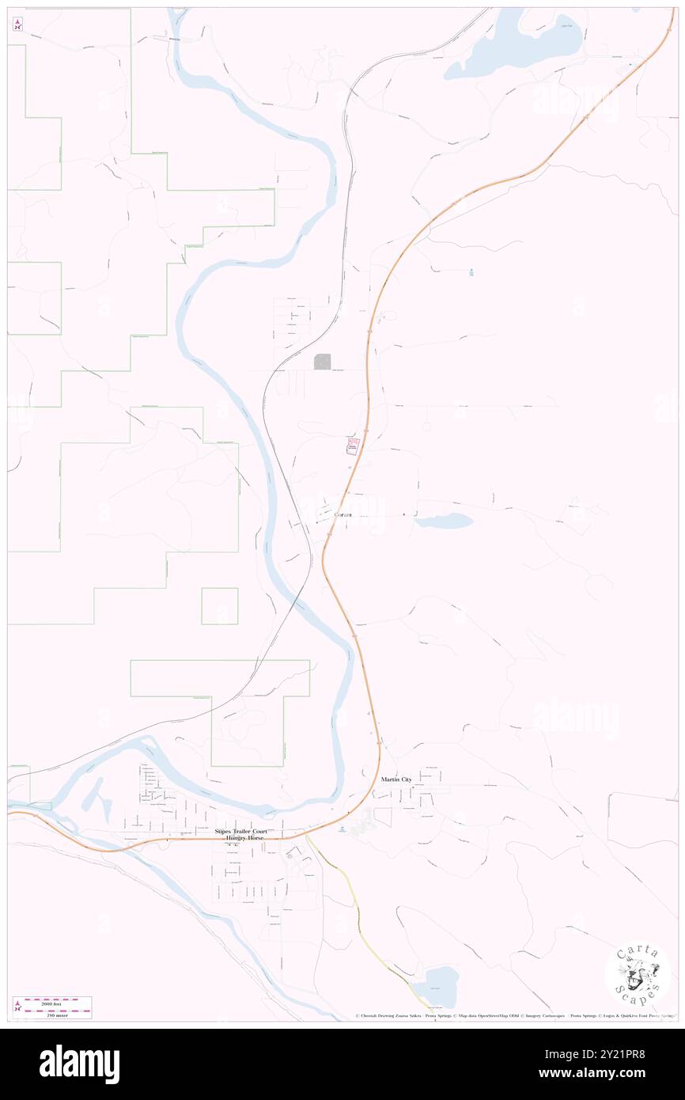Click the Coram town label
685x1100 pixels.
(x=342, y=515)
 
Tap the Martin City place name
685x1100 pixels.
(x=395, y=779)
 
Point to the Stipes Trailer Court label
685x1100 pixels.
(x=241, y=832)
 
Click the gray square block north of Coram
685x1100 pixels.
(x=323, y=362)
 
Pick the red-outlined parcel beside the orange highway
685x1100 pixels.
(x=351, y=446)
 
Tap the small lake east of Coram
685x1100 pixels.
(x=444, y=521)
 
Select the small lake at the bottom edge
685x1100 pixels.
(x=439, y=985)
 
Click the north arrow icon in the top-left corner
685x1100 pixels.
(x=17, y=24)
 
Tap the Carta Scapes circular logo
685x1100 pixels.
(x=637, y=974)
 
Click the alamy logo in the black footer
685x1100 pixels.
(x=79, y=1064)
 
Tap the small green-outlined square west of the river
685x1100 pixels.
(x=219, y=606)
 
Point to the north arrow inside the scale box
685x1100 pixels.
(x=17, y=1007)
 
